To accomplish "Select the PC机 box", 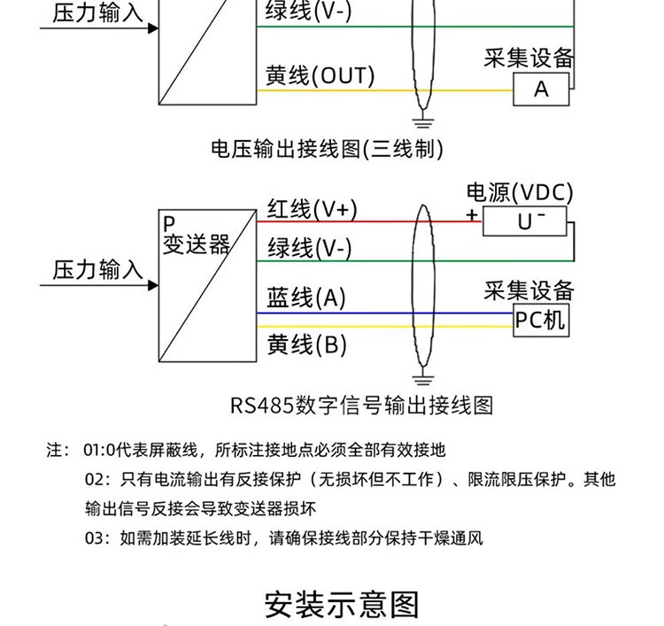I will [x=540, y=319].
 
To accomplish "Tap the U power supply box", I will [x=526, y=221].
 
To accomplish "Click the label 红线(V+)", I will [x=312, y=209].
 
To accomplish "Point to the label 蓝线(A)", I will [x=306, y=298].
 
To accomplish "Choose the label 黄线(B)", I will [x=307, y=344].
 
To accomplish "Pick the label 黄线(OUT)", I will [x=320, y=76].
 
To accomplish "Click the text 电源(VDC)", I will [x=520, y=192].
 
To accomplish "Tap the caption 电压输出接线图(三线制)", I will [x=327, y=148].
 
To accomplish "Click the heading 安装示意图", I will [x=342, y=605].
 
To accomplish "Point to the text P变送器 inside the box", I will [x=195, y=236].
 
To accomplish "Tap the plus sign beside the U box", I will [x=472, y=216].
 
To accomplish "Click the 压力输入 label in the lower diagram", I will [x=97, y=269].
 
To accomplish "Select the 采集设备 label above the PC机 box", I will [x=529, y=290].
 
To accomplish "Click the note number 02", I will [x=95, y=480].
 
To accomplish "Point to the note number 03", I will [x=95, y=537].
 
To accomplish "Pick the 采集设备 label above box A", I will [x=529, y=58].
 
